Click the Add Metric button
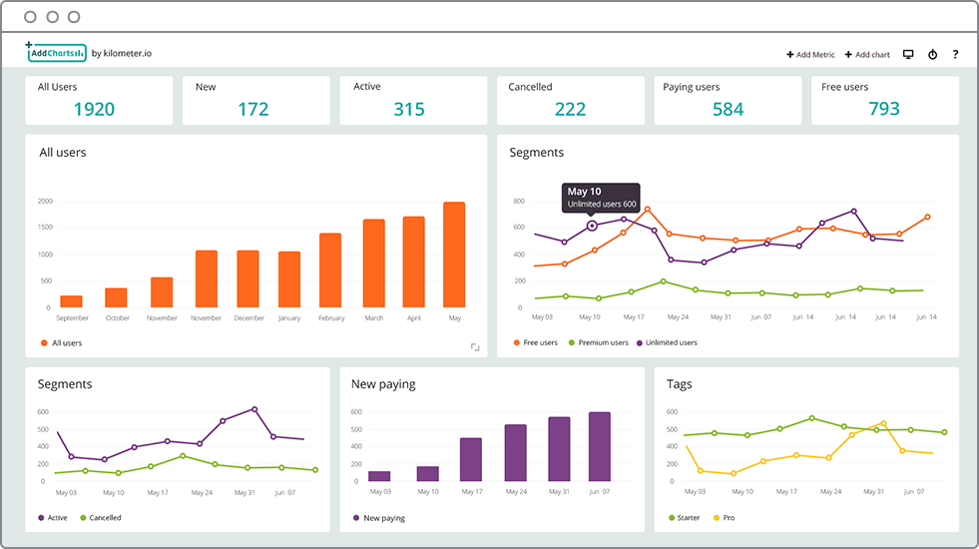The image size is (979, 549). pyautogui.click(x=810, y=55)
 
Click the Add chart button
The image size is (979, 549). pyautogui.click(x=867, y=55)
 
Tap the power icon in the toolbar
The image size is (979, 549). pyautogui.click(x=932, y=55)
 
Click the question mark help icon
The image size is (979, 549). pyautogui.click(x=955, y=55)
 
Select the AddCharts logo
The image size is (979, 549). pyautogui.click(x=56, y=52)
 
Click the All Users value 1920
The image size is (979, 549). pyautogui.click(x=94, y=109)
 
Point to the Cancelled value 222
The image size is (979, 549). pyautogui.click(x=570, y=109)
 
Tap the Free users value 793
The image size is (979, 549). pyautogui.click(x=884, y=109)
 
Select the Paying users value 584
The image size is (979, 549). pyautogui.click(x=728, y=109)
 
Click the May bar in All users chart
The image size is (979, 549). pyautogui.click(x=454, y=255)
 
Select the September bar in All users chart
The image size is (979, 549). pyautogui.click(x=72, y=300)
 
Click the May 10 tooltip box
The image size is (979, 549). pyautogui.click(x=601, y=197)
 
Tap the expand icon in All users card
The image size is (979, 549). pyautogui.click(x=475, y=347)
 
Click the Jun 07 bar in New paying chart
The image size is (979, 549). pyautogui.click(x=599, y=446)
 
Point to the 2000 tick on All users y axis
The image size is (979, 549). pyautogui.click(x=45, y=202)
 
